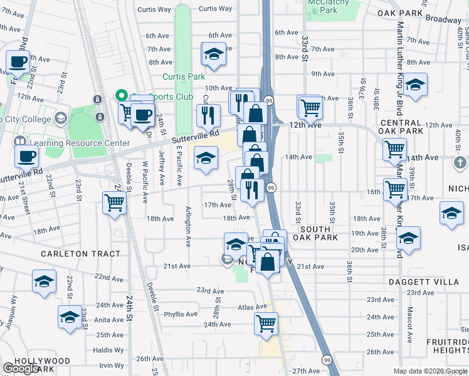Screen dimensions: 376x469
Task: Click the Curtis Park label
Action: [183, 76]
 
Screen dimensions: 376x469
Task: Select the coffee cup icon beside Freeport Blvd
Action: [18, 63]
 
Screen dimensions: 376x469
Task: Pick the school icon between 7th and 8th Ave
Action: [214, 54]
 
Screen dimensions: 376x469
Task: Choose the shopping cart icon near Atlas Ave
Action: [266, 323]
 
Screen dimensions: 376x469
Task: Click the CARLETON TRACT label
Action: [71, 254]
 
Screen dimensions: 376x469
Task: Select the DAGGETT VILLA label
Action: [437, 283]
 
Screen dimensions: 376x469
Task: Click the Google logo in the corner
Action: [21, 368]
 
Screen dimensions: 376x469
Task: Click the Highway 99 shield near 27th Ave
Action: [327, 360]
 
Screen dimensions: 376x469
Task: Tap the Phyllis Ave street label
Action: [181, 314]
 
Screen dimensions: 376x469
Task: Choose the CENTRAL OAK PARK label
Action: [401, 127]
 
